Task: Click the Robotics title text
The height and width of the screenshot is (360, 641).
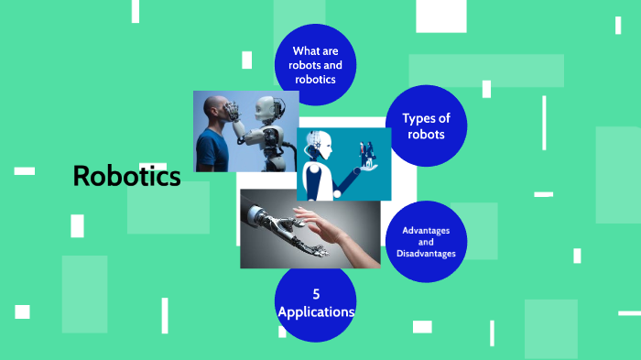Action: (126, 177)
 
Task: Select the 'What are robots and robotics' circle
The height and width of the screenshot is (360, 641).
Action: (315, 64)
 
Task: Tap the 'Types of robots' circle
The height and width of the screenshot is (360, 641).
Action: (427, 125)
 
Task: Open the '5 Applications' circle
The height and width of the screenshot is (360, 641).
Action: (315, 303)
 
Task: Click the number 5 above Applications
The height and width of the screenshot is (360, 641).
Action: (316, 294)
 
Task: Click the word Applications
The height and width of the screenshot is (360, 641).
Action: (316, 312)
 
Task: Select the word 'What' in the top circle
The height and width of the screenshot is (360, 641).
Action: (303, 51)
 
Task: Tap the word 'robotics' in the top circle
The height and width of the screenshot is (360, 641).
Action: (315, 79)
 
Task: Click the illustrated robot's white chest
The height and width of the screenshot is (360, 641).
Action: (316, 179)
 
